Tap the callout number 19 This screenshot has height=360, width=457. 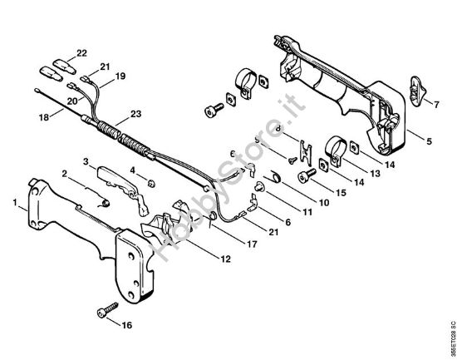[x=120, y=76]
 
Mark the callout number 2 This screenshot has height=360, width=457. [x=64, y=173]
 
